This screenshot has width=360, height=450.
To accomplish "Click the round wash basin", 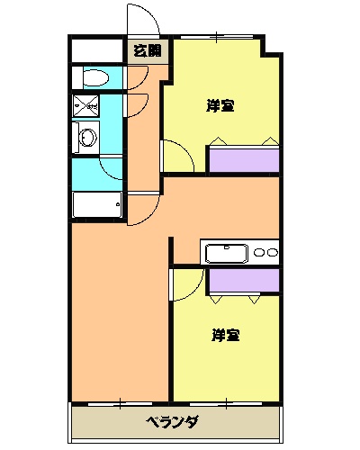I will coord(87,137).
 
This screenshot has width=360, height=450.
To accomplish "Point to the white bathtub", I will coord(97,206).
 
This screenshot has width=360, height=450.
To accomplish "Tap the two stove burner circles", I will coord(265,253).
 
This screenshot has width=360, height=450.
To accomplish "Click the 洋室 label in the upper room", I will coord(220,106).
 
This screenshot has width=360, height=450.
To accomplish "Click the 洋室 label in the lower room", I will coord(225,336).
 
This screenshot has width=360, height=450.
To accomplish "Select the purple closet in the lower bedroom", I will coord(243,280).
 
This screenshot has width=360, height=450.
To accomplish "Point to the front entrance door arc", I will coord(142,20).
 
